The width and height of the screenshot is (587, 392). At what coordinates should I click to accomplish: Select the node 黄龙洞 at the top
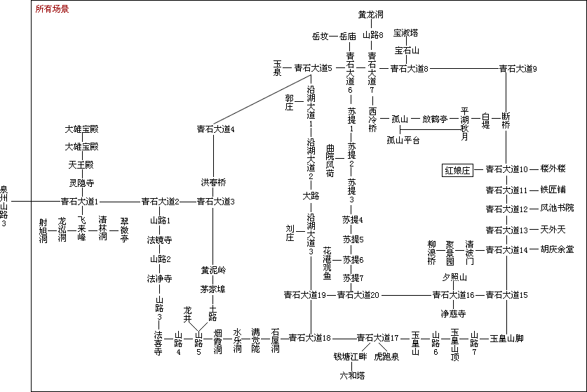point(371,14)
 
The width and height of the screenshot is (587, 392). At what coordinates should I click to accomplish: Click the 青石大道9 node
point(518,69)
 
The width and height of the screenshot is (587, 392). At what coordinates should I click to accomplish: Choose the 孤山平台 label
point(403,141)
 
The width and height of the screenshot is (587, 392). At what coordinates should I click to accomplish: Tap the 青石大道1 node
point(79,202)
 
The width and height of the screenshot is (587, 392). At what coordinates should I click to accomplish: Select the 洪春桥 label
point(214,183)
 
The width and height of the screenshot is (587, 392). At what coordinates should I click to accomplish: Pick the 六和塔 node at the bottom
point(353,376)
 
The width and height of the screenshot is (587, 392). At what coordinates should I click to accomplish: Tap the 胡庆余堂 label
point(557,249)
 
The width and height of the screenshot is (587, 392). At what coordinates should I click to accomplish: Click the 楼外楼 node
point(553,169)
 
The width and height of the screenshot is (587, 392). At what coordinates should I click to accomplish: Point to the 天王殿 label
point(81,165)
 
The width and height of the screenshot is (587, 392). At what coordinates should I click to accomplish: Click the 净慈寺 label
point(453,313)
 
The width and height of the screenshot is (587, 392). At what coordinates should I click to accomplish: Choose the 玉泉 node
point(277,68)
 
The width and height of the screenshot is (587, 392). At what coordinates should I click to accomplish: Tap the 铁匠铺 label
point(553,190)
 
